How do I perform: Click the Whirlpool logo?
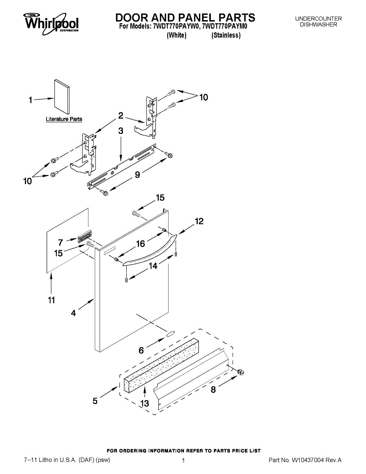(x=51, y=22)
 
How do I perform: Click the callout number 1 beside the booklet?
(x=31, y=100)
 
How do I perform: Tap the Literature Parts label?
(x=64, y=119)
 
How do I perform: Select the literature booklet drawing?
(x=62, y=97)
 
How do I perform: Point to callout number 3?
(x=121, y=131)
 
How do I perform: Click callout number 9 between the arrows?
(x=137, y=175)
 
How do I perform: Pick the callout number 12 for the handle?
(x=199, y=222)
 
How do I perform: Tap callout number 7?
(x=60, y=243)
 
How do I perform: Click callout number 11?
(x=51, y=301)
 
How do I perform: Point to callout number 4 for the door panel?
(x=73, y=313)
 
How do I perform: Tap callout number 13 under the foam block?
(x=145, y=403)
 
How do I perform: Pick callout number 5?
(x=95, y=401)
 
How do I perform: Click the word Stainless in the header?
(x=226, y=36)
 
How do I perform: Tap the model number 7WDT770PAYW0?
(x=176, y=27)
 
